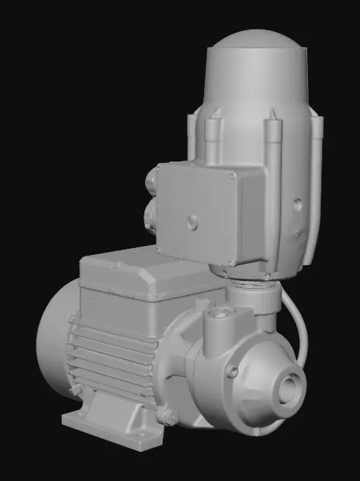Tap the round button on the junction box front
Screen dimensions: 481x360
pos(194,221)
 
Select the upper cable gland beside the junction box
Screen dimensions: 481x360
pos(150,183)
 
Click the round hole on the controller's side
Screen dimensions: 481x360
pos(297,205)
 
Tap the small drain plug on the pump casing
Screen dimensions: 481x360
pos(234,372)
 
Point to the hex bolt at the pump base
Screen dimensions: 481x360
pos(166,414)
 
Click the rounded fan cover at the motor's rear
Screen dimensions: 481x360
pos(49,344)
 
